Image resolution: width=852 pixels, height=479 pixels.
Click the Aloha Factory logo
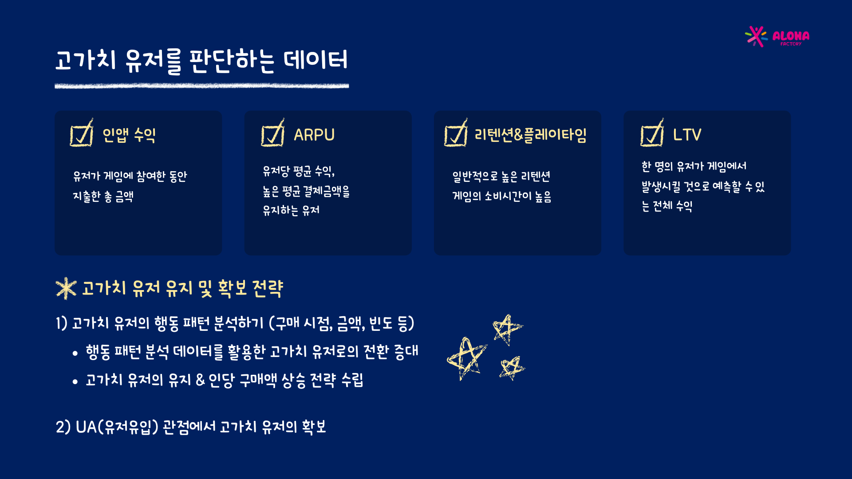[777, 36]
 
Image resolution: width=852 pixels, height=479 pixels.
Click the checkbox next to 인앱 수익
[82, 133]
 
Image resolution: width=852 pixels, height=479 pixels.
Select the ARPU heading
[314, 135]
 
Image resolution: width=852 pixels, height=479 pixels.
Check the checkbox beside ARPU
[272, 133]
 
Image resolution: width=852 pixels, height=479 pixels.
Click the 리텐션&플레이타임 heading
[531, 135]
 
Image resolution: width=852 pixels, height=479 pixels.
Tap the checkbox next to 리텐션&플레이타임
[456, 133]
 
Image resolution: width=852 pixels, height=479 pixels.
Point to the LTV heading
[687, 135]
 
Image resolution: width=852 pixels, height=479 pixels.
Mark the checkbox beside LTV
[652, 133]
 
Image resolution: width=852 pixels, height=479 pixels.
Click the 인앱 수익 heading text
[129, 135]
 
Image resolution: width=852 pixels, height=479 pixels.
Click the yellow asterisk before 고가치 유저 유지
[66, 288]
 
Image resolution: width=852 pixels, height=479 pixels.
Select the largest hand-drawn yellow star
[466, 358]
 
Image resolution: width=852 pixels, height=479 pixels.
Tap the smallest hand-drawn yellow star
[512, 368]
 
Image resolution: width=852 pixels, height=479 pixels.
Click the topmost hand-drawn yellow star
[507, 330]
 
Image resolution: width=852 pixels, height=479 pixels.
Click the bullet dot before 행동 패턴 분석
[75, 353]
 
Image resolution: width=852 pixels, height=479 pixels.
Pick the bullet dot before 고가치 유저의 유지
[75, 381]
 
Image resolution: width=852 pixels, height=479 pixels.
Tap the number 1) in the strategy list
[61, 323]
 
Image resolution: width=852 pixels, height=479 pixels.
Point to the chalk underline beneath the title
[201, 86]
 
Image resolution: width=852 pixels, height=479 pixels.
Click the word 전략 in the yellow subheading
[268, 288]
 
